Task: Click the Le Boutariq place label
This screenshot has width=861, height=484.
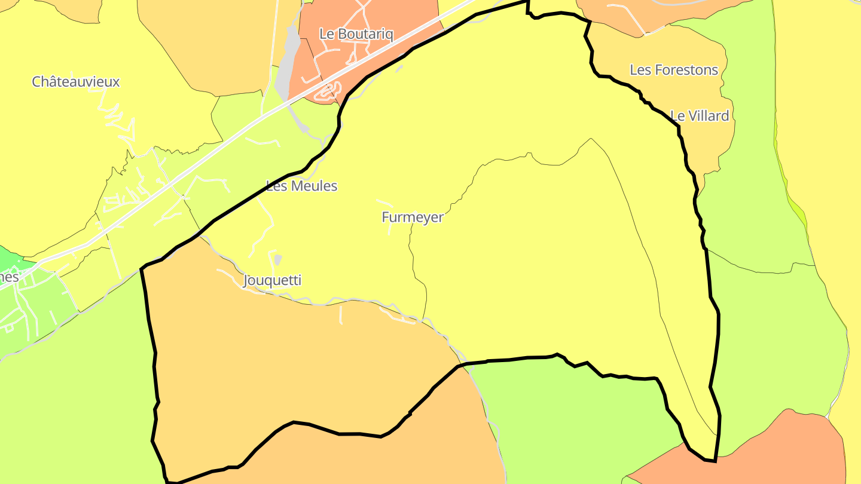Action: point(356,34)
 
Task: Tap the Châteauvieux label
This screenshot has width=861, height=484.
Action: point(76,82)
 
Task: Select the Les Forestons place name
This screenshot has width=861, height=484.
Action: point(674,70)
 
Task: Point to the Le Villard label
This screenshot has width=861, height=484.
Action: point(700,116)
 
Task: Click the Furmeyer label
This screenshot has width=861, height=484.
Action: point(413,218)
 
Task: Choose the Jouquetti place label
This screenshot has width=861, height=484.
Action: point(272,280)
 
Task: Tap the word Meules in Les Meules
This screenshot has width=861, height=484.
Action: point(315,186)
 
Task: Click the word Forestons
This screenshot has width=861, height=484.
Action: point(686,70)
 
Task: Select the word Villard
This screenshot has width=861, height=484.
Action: point(709,116)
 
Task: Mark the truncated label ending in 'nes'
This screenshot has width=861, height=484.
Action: point(8,277)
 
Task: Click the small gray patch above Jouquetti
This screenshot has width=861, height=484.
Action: point(277,259)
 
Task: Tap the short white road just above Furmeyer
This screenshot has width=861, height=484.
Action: point(384,203)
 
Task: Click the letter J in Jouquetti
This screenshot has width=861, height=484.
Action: point(247,280)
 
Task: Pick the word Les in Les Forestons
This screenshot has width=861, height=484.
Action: point(640,70)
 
